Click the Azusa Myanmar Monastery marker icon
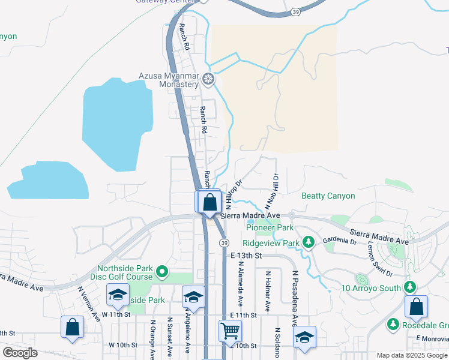[x=208, y=79]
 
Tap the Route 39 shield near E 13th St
[x=223, y=242]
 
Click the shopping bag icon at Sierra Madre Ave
[x=209, y=202]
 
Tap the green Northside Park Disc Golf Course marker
[x=161, y=273]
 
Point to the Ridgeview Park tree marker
[x=309, y=242]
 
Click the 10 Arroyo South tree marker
[x=411, y=288]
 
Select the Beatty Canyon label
[x=328, y=196]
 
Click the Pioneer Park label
[x=270, y=228]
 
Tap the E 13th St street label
[x=247, y=256]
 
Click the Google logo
[x=20, y=353]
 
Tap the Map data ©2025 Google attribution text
[x=412, y=355]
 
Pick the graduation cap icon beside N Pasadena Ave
[x=305, y=337]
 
